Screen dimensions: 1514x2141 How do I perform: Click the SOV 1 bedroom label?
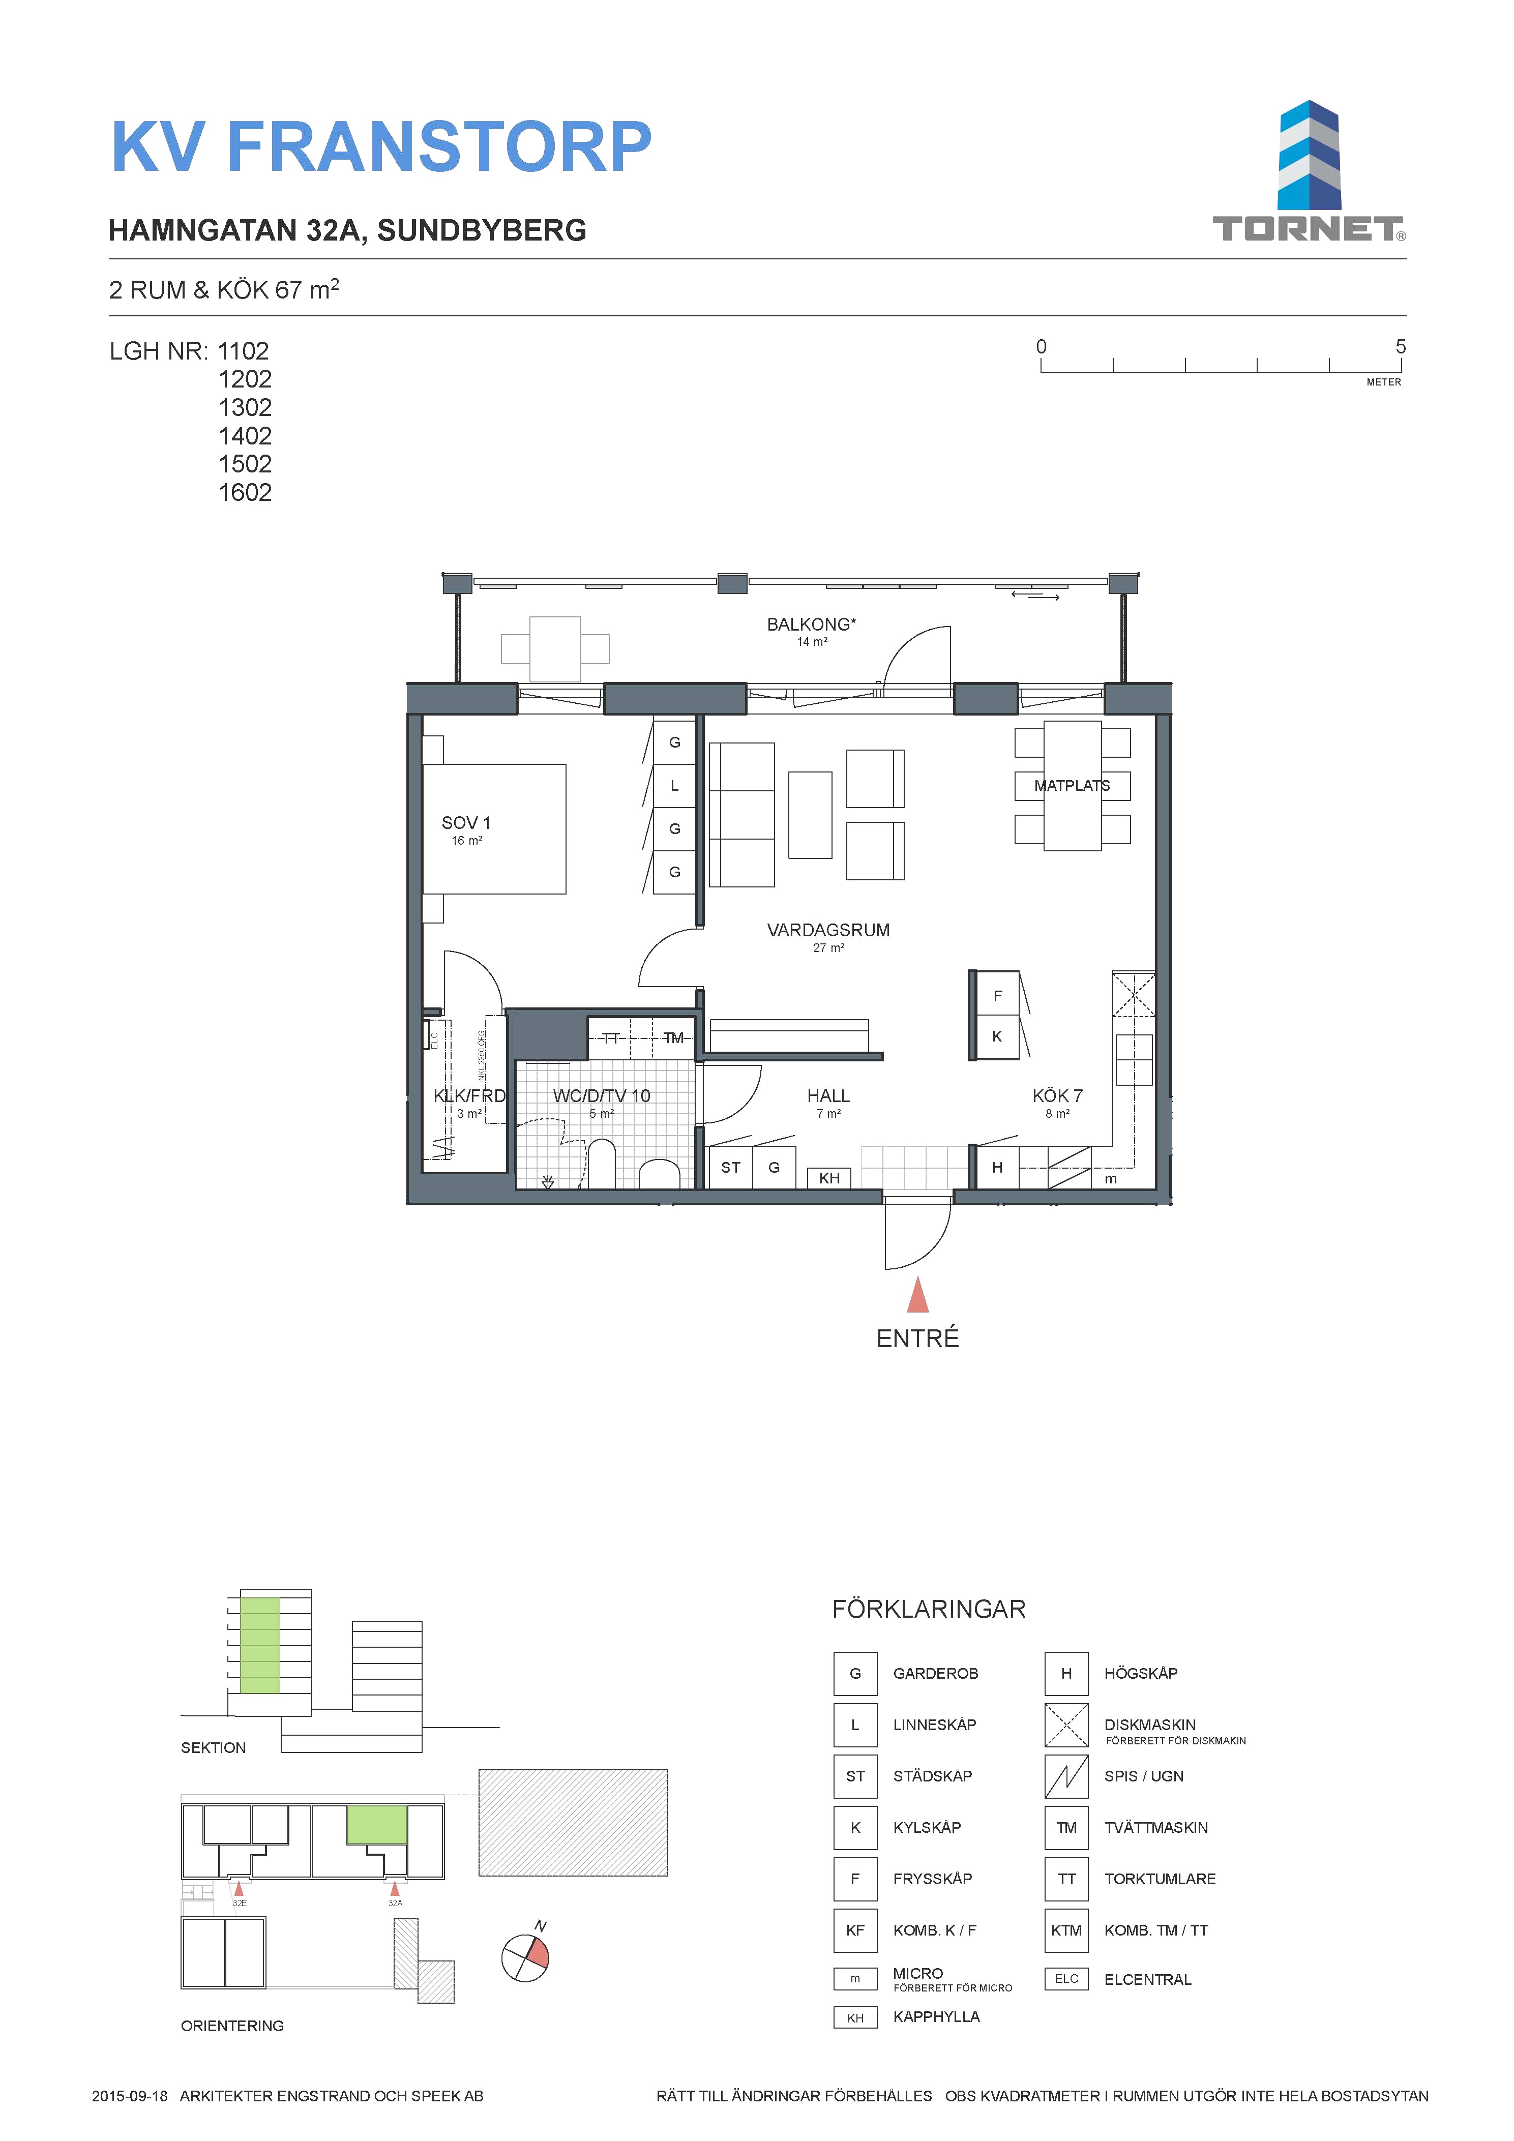tap(466, 822)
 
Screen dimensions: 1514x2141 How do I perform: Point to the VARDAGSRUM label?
tap(828, 930)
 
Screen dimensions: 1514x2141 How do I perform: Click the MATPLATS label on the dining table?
tap(1072, 785)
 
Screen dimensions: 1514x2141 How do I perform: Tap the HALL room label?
tap(828, 1096)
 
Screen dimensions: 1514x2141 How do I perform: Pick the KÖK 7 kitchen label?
tap(1057, 1096)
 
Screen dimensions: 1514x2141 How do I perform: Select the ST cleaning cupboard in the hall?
tap(731, 1168)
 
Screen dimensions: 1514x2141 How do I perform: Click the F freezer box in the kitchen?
tap(997, 996)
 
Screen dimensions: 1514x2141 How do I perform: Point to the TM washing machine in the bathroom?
tap(673, 1038)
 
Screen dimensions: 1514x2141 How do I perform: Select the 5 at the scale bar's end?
tap(1400, 347)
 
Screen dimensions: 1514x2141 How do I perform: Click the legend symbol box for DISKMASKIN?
tap(1066, 1725)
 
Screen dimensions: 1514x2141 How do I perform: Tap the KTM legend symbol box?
tap(1066, 1930)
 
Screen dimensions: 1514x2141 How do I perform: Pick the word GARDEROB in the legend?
tap(936, 1674)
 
